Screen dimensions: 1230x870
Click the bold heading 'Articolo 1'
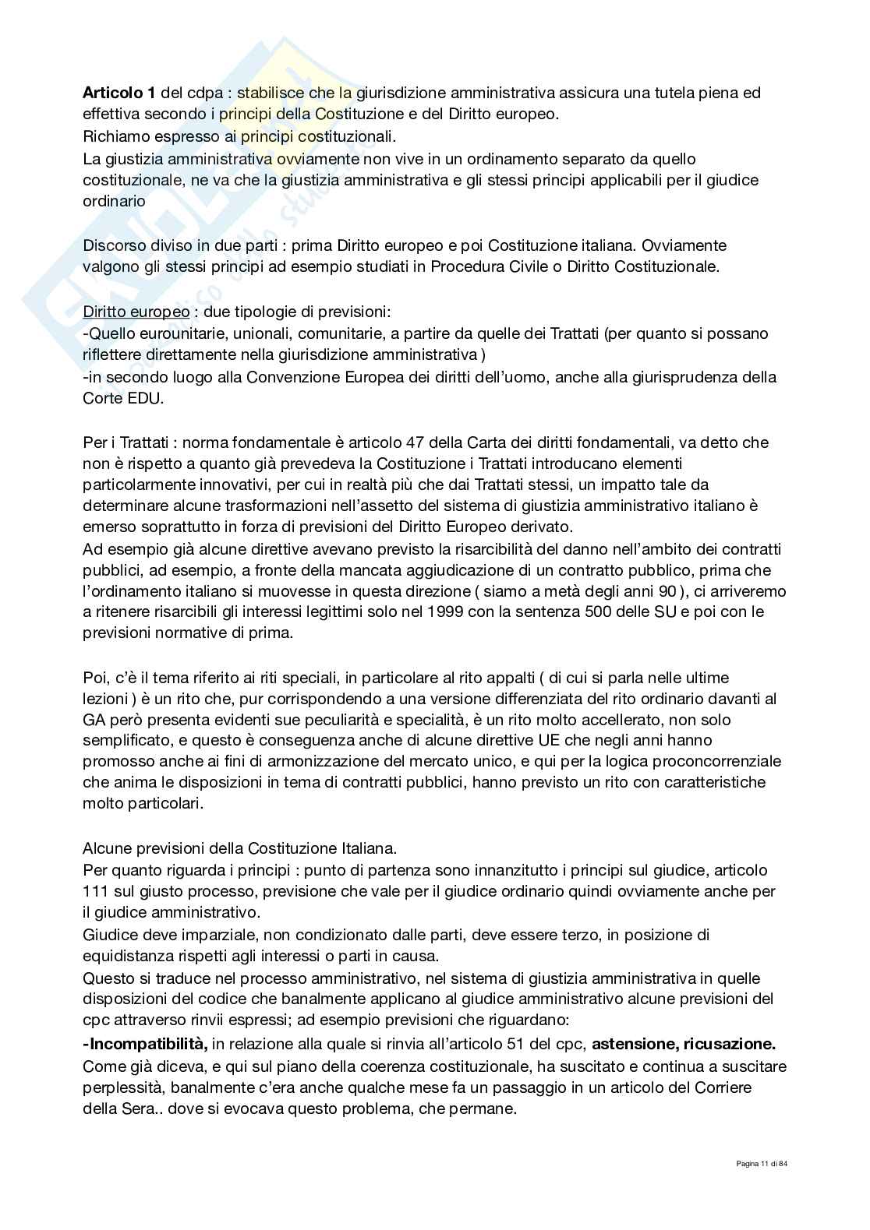coord(118,93)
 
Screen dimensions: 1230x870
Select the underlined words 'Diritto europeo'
coord(136,312)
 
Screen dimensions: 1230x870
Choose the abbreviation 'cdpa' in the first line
coord(199,93)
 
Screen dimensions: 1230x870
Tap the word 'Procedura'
coord(507,266)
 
